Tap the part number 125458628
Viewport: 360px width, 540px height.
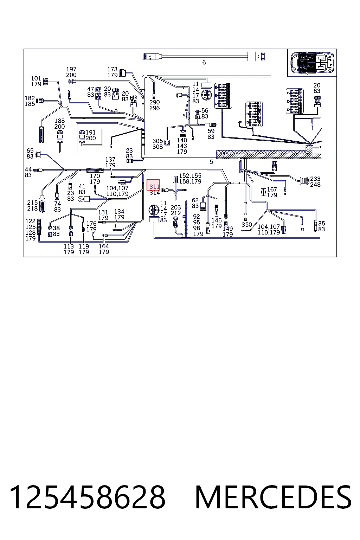(x=87, y=497)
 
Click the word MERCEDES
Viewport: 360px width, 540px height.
(x=273, y=497)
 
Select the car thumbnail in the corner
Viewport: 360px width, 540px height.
(x=312, y=63)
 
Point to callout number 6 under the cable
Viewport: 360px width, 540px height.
(x=204, y=63)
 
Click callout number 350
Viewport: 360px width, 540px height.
(x=247, y=225)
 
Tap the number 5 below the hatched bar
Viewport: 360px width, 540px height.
(x=211, y=162)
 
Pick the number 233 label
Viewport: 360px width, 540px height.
(x=315, y=179)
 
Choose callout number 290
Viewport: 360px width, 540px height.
(x=154, y=102)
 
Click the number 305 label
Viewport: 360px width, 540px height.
(x=157, y=141)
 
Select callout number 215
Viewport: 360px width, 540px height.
(x=32, y=202)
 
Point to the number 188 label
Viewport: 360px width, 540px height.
(x=59, y=121)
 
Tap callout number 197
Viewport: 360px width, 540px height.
(x=71, y=69)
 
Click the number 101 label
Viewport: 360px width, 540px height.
(x=36, y=78)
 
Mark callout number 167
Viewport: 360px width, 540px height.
(x=272, y=189)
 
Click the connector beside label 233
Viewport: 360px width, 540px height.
(x=304, y=181)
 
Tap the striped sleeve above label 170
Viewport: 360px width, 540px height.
(x=95, y=170)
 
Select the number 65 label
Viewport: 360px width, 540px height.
(x=30, y=151)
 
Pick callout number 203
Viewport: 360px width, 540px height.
(x=175, y=207)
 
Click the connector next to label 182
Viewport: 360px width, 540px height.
(x=40, y=101)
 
